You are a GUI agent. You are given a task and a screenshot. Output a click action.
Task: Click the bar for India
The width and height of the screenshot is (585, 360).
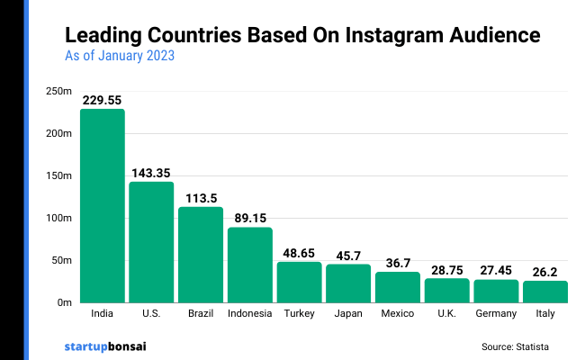point(102,206)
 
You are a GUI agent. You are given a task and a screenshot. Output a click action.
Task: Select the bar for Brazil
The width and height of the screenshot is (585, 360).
point(201,255)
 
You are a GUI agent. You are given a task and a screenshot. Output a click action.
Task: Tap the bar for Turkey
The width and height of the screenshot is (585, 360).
point(299,282)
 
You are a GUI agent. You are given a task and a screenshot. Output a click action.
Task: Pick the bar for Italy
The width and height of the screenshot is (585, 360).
point(545,292)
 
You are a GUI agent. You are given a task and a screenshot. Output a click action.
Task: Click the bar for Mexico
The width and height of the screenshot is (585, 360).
point(398,287)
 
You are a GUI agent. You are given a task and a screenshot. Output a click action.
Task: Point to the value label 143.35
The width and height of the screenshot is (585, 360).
point(151,173)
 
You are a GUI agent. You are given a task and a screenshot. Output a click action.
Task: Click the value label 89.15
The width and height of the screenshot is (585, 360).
point(249,219)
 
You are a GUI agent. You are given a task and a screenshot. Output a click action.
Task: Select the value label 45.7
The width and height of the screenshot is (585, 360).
point(348,255)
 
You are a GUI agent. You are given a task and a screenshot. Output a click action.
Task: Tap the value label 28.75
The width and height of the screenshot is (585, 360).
point(446,269)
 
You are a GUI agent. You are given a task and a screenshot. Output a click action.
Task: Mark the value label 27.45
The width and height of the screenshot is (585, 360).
point(496,270)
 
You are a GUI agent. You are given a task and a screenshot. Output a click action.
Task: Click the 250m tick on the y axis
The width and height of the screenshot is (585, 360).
point(59,91)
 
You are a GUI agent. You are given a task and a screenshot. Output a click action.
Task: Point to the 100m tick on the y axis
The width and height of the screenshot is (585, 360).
point(59,218)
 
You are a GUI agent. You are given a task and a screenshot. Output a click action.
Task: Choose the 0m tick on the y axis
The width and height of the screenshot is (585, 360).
point(64,303)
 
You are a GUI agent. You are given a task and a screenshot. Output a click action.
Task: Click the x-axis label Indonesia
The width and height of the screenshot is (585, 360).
point(249,314)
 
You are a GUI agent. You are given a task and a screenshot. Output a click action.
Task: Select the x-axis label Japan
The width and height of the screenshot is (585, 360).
point(348,314)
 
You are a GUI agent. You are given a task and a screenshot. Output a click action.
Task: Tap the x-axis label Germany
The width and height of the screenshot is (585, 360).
point(496,314)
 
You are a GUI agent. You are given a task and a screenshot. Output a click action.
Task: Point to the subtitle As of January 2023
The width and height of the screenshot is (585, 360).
point(120,56)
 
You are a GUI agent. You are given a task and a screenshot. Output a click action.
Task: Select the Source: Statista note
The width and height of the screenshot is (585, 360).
point(515,346)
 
